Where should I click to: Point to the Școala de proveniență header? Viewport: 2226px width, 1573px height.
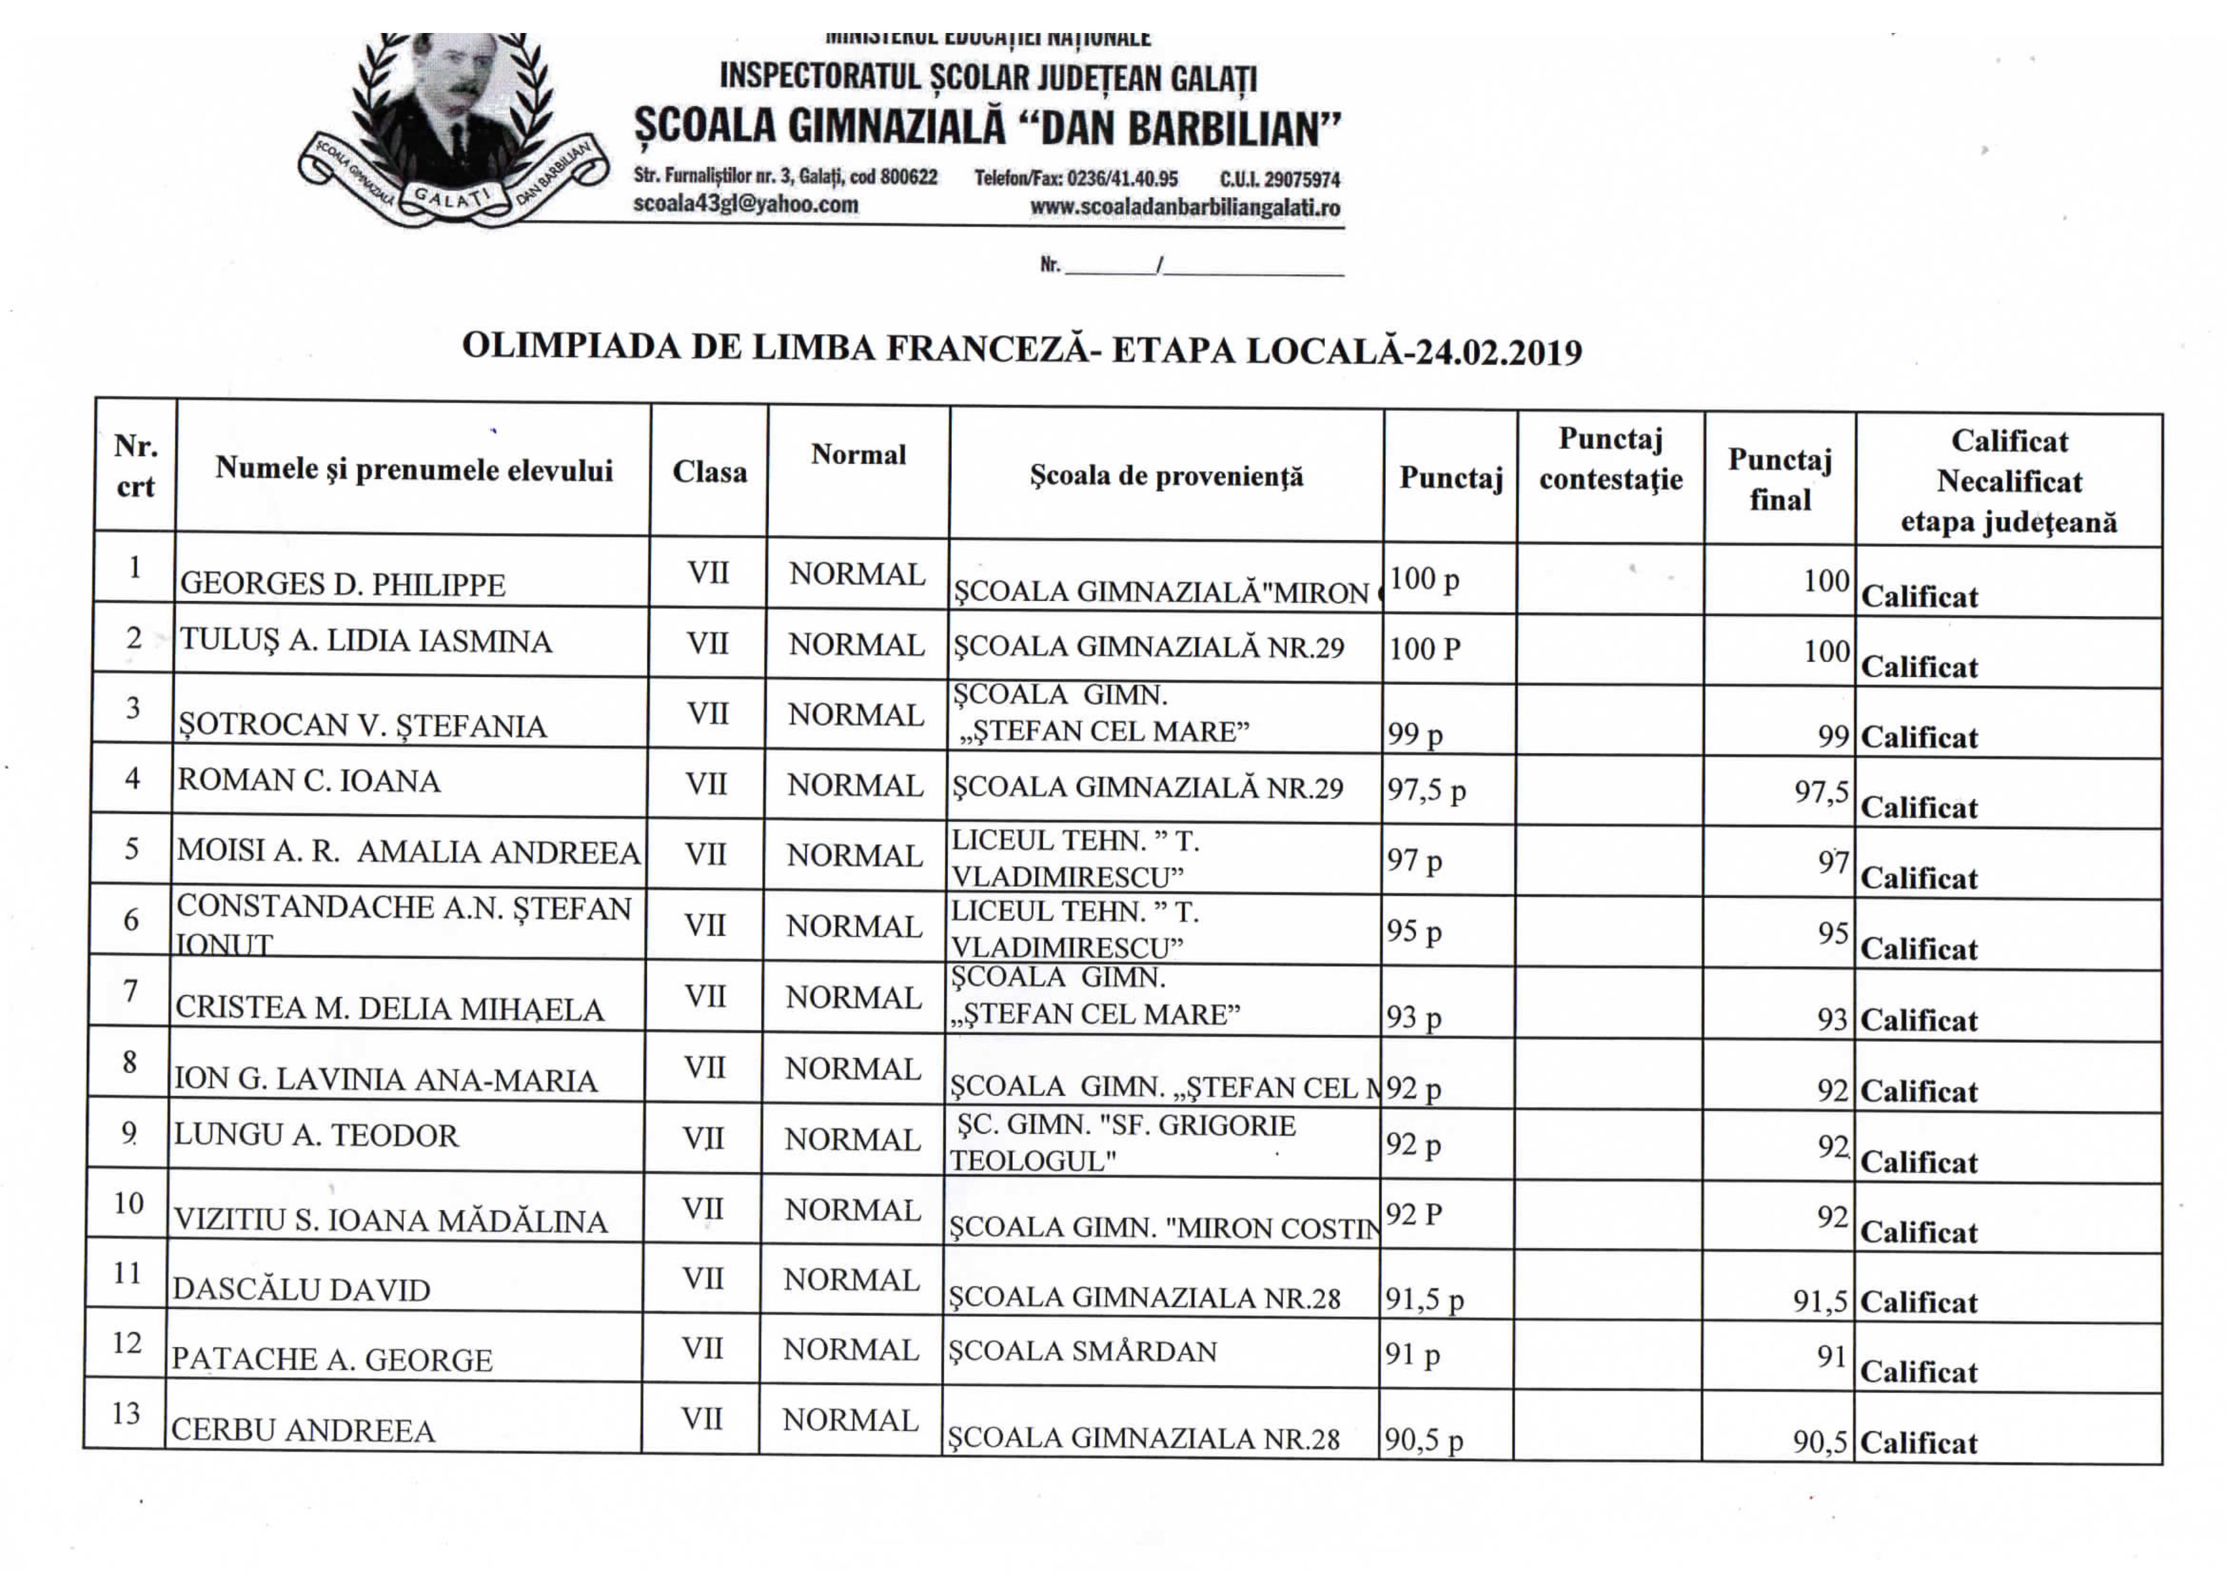click(x=1166, y=476)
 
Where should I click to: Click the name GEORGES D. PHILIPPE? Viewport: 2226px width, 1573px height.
click(x=342, y=584)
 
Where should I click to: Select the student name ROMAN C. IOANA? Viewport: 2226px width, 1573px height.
click(x=308, y=780)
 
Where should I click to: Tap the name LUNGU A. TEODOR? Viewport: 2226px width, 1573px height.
click(x=315, y=1135)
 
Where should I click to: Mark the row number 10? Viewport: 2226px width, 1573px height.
click(x=128, y=1203)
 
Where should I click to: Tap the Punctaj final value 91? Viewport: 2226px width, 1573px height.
click(x=1831, y=1356)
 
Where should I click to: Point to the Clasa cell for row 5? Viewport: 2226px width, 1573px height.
click(x=705, y=855)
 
